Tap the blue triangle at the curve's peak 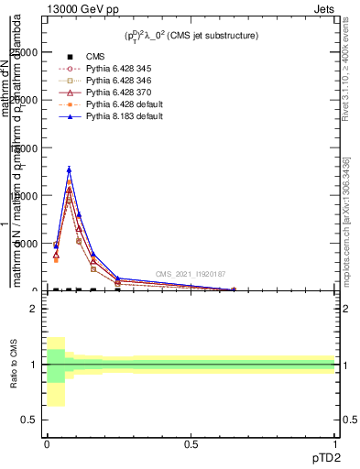69,169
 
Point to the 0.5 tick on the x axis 191,443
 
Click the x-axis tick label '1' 335,443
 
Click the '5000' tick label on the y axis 25,244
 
